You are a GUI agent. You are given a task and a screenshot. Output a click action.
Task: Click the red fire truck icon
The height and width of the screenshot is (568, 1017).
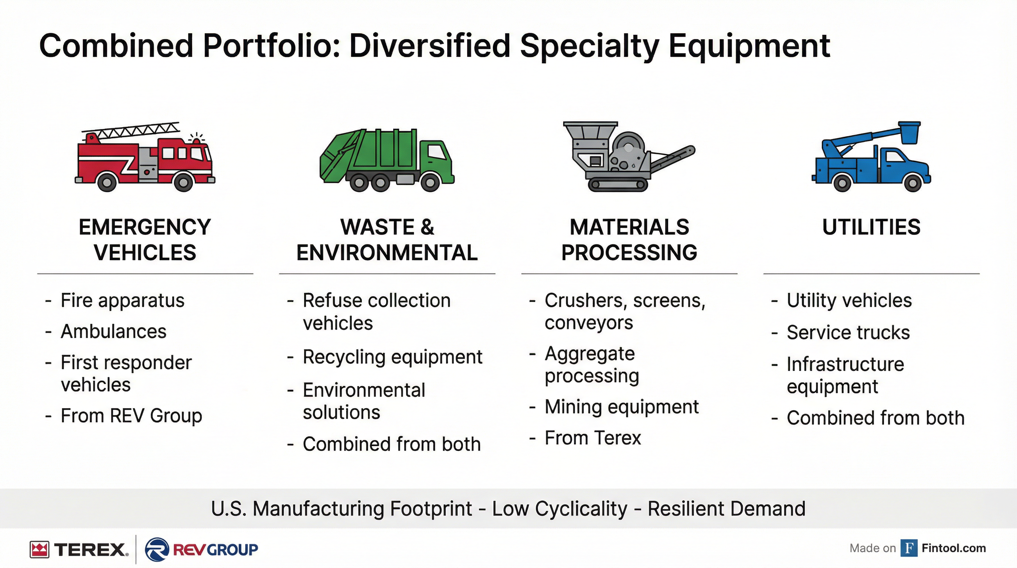pyautogui.click(x=145, y=158)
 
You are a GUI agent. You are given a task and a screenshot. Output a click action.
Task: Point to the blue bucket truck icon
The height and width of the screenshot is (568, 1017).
pyautogui.click(x=871, y=158)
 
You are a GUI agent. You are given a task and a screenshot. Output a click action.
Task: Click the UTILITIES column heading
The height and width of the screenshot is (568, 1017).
pyautogui.click(x=871, y=227)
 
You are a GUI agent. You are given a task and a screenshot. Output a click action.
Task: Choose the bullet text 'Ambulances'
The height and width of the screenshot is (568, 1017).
pyautogui.click(x=113, y=331)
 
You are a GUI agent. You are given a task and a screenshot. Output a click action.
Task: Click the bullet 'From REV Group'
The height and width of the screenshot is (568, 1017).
pyautogui.click(x=131, y=416)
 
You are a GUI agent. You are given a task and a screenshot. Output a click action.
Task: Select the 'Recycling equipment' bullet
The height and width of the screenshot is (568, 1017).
pyautogui.click(x=392, y=357)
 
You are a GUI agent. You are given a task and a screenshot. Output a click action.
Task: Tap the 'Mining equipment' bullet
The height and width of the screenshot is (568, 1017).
pyautogui.click(x=622, y=407)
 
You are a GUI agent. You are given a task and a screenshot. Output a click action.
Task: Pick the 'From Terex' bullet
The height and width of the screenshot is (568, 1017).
pyautogui.click(x=593, y=438)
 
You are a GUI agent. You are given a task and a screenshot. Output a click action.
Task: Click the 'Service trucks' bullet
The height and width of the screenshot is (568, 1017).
pyautogui.click(x=848, y=332)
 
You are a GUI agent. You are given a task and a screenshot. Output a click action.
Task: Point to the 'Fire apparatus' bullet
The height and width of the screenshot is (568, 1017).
pyautogui.click(x=122, y=300)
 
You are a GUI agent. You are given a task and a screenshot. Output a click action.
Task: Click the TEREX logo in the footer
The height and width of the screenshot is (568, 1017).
pyautogui.click(x=79, y=550)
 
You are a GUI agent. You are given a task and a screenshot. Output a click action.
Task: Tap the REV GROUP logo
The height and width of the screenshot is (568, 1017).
pyautogui.click(x=202, y=550)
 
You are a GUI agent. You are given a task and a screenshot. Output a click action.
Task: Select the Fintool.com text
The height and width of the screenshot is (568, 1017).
pyautogui.click(x=953, y=548)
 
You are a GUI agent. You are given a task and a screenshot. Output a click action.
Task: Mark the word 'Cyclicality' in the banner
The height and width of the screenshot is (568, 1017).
pyautogui.click(x=581, y=509)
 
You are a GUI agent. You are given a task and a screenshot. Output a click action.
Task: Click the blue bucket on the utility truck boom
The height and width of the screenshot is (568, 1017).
pyautogui.click(x=909, y=132)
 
